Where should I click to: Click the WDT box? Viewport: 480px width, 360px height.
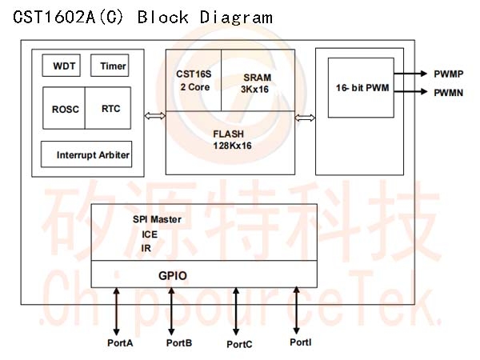coord(62,66)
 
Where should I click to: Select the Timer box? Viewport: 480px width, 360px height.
coord(110,66)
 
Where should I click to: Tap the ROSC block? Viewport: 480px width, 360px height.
coord(64,108)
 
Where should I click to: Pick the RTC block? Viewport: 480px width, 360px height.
coord(108,108)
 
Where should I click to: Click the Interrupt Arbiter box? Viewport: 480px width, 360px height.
coord(86,154)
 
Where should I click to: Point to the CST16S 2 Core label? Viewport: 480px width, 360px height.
coord(194,81)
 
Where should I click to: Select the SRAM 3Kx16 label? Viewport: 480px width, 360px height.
coord(256,83)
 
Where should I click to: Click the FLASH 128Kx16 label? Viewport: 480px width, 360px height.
coord(232,139)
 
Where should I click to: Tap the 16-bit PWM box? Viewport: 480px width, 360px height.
coord(361,88)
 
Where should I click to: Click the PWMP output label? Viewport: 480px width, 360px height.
coord(449,74)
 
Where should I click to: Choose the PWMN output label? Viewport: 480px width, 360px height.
coord(449,93)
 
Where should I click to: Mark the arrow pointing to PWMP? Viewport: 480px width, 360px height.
coord(410,74)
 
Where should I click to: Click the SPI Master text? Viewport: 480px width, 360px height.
coord(157,219)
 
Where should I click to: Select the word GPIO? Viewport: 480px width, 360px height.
coord(173,275)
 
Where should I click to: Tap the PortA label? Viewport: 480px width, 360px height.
coord(120,343)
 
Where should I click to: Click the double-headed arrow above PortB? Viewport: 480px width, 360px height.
coord(171,311)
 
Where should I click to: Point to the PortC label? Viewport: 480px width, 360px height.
coord(239,344)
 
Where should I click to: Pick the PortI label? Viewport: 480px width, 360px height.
coord(301,342)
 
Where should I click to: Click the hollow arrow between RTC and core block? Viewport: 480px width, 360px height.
coord(154,116)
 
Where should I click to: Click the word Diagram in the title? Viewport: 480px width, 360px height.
coord(236,18)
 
